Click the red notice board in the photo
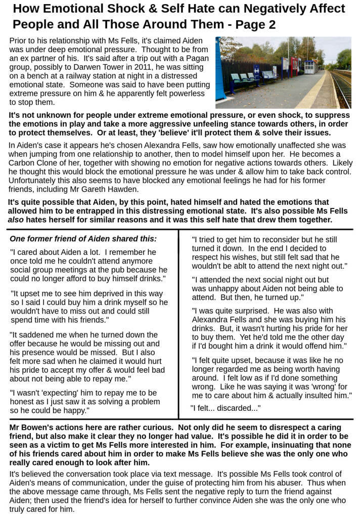[294, 66]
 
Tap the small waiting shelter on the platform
[309, 67]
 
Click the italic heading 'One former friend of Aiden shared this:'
[83, 239]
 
